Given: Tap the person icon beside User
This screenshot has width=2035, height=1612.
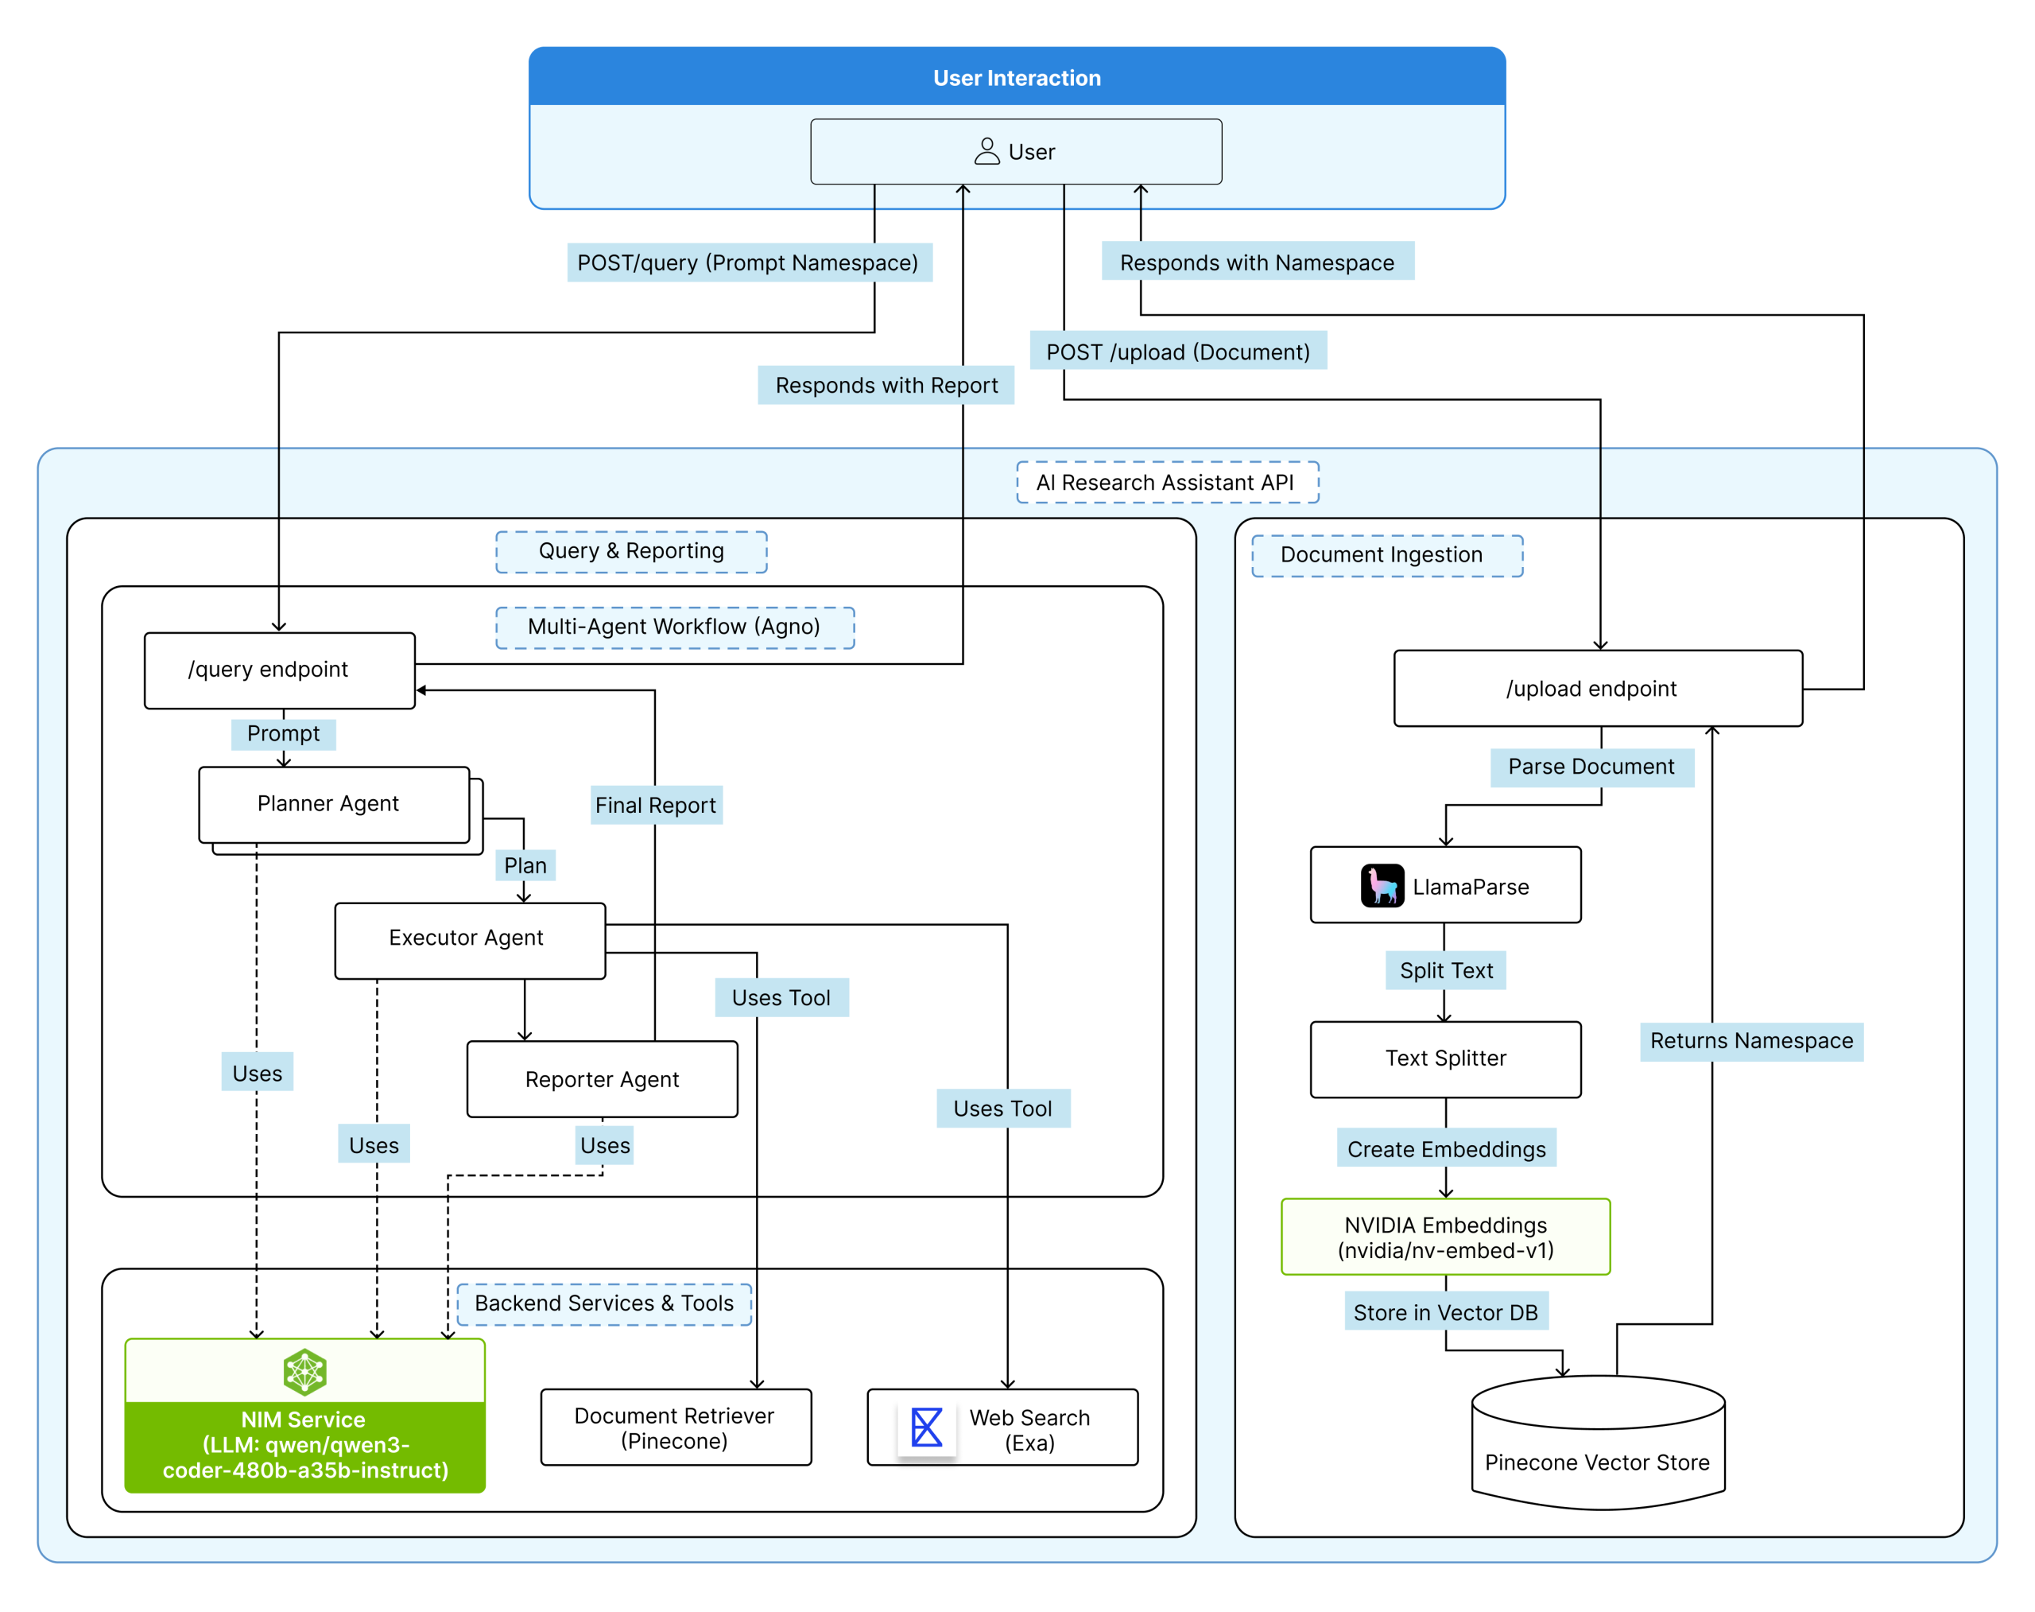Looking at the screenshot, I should [x=986, y=151].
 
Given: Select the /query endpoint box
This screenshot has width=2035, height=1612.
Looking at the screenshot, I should [x=279, y=670].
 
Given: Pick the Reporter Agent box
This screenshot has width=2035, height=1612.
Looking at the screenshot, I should [x=602, y=1080].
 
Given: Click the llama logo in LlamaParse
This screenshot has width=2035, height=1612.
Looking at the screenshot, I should [x=1382, y=886].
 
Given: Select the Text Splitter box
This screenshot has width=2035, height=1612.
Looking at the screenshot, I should [x=1444, y=1059].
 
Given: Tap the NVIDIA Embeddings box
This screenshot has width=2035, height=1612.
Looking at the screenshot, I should [x=1444, y=1237].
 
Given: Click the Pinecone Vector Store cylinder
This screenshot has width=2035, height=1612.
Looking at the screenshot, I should [x=1597, y=1444].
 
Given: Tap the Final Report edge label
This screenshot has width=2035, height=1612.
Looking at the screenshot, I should [x=656, y=805].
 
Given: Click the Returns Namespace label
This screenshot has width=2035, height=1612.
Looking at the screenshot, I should [x=1751, y=1041].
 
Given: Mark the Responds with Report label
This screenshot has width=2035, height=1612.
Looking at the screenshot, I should [x=885, y=385].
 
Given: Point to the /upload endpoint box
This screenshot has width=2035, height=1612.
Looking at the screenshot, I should [x=1597, y=688].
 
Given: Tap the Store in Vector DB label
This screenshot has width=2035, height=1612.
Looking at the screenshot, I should [x=1445, y=1312].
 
